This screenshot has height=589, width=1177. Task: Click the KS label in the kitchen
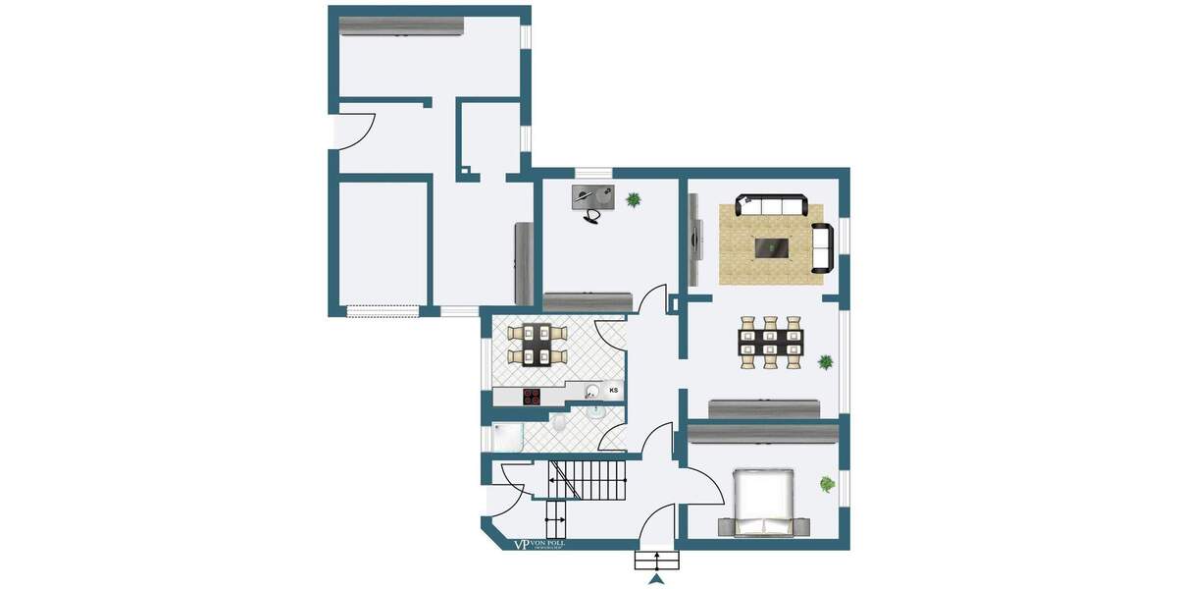(614, 391)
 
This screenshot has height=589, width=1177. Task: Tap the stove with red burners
(532, 397)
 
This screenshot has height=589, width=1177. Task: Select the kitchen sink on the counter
(593, 393)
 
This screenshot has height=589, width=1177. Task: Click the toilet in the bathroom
(557, 424)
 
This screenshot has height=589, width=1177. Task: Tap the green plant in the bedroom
(828, 483)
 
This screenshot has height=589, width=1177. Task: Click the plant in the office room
(634, 200)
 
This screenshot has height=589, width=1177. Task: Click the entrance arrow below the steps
(657, 579)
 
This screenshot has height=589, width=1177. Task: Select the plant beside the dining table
(826, 362)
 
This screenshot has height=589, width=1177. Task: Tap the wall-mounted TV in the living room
(696, 240)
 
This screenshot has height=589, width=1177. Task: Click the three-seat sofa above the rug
(772, 205)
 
